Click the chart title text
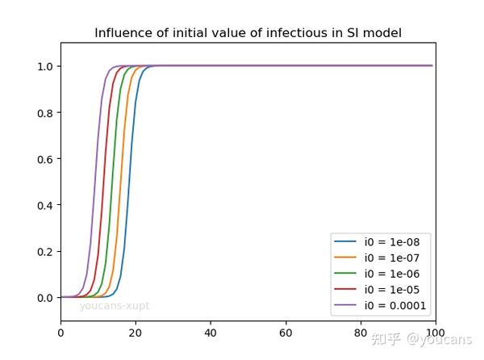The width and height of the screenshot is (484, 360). click(x=248, y=33)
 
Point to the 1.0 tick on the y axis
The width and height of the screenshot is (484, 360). click(x=44, y=66)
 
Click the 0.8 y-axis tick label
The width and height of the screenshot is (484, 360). click(x=44, y=112)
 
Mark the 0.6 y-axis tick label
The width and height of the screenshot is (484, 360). click(x=44, y=159)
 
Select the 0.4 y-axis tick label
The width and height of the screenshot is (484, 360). click(x=44, y=205)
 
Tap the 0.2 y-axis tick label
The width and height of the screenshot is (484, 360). click(x=44, y=251)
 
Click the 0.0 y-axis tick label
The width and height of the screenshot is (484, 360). click(x=44, y=298)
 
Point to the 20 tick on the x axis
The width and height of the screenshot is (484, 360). click(x=136, y=332)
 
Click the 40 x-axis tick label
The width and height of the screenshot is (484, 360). click(x=211, y=332)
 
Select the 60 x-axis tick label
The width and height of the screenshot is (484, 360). click(x=286, y=332)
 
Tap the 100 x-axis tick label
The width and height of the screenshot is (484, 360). click(x=435, y=332)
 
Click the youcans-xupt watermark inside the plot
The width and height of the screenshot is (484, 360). click(x=115, y=306)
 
